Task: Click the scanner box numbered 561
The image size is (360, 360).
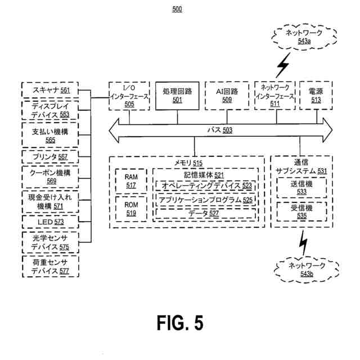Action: (50, 90)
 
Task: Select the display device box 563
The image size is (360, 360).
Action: (50, 110)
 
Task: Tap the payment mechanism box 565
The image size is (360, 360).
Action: (50, 135)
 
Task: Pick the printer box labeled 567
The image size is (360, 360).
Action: (50, 157)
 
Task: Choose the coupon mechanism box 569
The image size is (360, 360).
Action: (50, 177)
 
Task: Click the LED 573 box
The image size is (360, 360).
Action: (50, 222)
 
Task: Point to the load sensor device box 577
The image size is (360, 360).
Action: (51, 267)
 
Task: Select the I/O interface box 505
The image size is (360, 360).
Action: (129, 96)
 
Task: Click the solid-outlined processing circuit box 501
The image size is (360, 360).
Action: (177, 96)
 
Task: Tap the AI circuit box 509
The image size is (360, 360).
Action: (227, 96)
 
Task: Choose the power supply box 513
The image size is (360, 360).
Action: (316, 95)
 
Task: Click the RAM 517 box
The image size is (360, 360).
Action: (131, 181)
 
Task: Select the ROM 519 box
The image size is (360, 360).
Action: (131, 209)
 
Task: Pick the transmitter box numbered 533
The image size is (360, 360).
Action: (301, 188)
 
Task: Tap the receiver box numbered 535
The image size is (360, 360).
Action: (301, 211)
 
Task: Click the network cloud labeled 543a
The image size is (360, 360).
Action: (304, 37)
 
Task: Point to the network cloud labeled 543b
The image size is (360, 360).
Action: (307, 269)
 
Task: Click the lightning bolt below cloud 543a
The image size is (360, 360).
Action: (283, 66)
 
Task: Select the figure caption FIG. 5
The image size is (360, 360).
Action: (180, 322)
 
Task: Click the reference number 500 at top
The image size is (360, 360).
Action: (177, 9)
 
